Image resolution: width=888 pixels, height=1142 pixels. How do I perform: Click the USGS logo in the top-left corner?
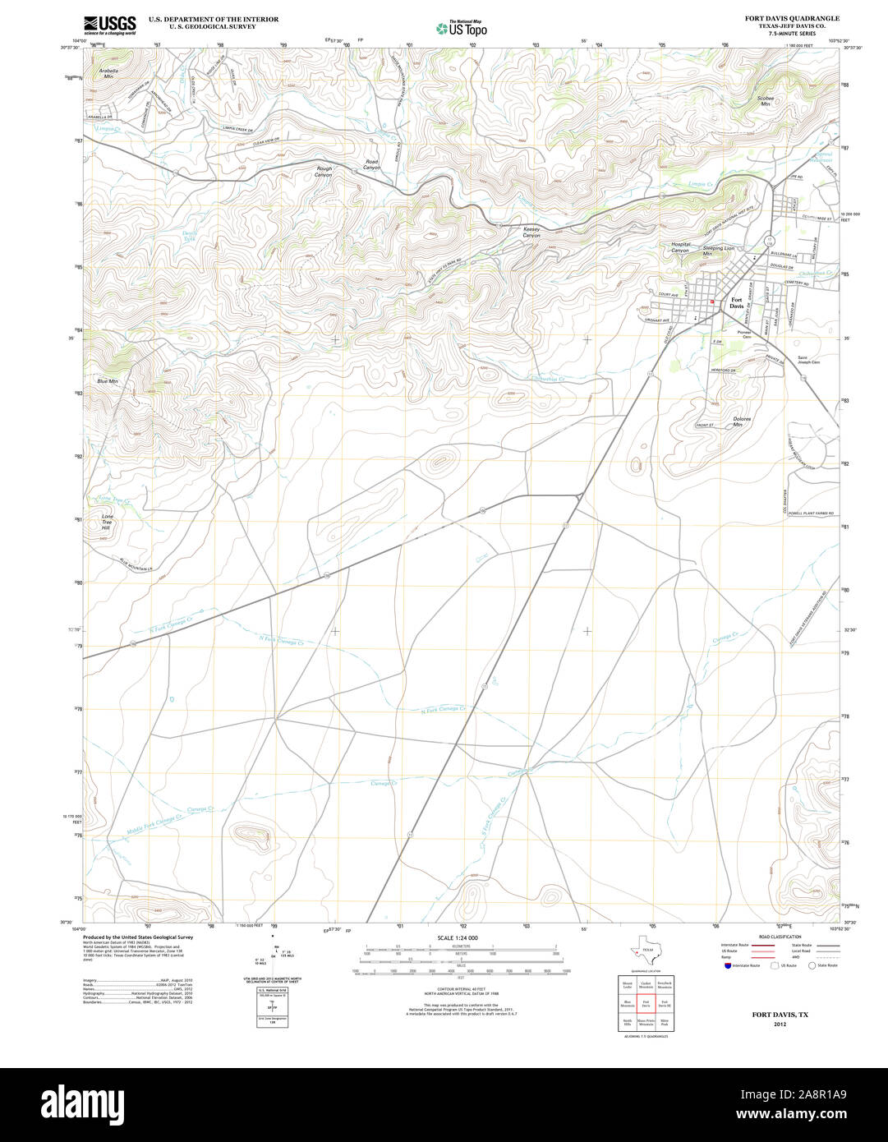coord(110,24)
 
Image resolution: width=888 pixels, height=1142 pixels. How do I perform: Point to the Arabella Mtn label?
coord(108,73)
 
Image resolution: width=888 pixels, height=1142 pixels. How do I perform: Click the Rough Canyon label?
coord(324,172)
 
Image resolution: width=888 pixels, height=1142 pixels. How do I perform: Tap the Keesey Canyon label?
coord(532,233)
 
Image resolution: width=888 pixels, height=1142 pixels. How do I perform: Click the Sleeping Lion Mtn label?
coord(717,251)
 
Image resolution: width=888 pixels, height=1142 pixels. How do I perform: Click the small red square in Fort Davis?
coord(712,302)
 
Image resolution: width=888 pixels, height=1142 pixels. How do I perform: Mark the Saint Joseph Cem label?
coord(809,359)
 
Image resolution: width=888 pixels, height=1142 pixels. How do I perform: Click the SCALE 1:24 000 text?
coord(458,937)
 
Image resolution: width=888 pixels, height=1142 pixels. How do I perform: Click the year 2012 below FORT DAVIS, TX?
coord(780,1025)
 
